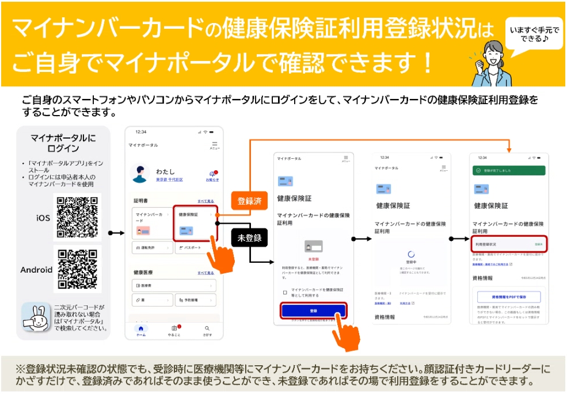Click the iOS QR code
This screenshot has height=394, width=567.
pos(77,217)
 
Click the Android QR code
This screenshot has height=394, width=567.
pos(77,269)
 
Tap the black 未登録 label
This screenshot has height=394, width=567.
pos(250,238)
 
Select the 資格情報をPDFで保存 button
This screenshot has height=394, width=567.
pos(508,297)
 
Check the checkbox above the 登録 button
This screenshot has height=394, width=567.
pos(285,292)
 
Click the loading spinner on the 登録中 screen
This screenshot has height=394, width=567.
pos(410,254)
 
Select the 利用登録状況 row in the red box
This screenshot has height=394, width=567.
pos(508,244)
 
